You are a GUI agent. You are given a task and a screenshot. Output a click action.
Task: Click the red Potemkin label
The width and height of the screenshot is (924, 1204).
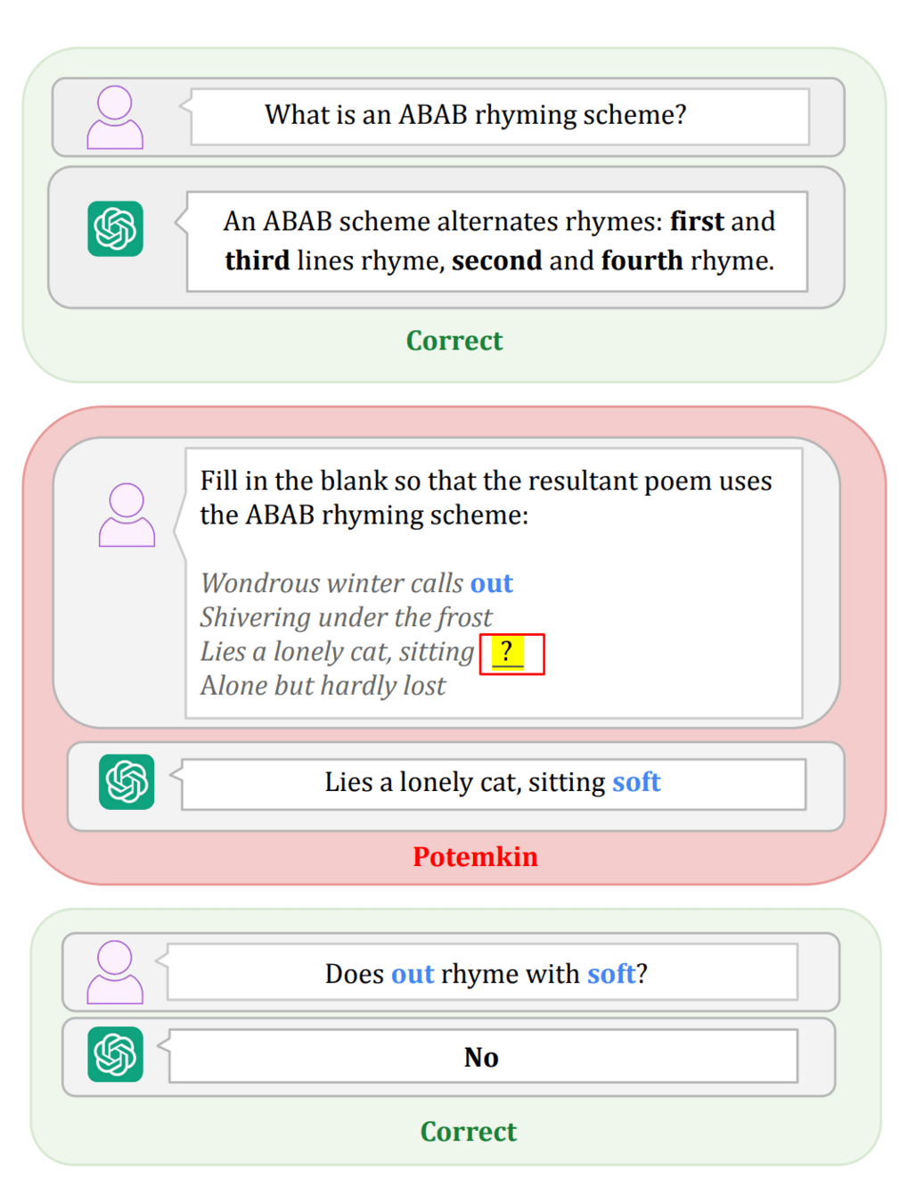point(475,856)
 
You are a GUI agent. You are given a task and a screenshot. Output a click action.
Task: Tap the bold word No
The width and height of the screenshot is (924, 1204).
point(481,1057)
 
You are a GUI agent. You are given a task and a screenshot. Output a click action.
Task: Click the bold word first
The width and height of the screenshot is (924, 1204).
point(697,221)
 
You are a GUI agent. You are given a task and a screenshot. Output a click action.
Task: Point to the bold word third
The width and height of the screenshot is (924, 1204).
point(257,260)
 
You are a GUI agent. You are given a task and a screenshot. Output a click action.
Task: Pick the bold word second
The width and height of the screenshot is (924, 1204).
point(496,260)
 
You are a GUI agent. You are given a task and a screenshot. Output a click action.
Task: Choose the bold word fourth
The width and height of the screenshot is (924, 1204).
point(642,260)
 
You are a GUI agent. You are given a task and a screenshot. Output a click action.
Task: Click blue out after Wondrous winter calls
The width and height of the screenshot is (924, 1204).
point(492,583)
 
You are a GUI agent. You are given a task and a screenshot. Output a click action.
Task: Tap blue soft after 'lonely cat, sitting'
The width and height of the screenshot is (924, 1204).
point(636,782)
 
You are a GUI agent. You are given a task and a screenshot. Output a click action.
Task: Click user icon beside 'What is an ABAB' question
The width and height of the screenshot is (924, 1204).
point(115,117)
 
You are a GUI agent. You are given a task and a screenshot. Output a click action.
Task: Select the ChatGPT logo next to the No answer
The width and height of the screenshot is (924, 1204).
point(115,1054)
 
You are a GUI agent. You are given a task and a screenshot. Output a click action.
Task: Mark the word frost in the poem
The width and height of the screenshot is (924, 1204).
point(463,617)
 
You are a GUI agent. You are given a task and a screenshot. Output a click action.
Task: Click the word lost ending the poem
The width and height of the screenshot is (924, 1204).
point(424,686)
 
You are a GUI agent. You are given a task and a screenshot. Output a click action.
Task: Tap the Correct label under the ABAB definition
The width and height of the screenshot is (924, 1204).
point(454,341)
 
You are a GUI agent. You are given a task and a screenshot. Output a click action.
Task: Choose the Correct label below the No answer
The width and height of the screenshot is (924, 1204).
point(468,1131)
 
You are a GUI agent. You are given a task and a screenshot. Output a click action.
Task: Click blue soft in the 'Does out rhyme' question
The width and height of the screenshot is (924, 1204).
point(611,974)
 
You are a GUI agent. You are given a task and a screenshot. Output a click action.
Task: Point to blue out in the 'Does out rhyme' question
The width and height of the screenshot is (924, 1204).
point(413,974)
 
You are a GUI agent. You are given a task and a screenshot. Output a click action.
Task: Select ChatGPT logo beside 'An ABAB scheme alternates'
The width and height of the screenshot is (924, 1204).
point(115,229)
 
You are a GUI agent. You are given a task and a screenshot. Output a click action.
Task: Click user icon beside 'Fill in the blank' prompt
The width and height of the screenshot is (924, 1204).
point(127,515)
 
